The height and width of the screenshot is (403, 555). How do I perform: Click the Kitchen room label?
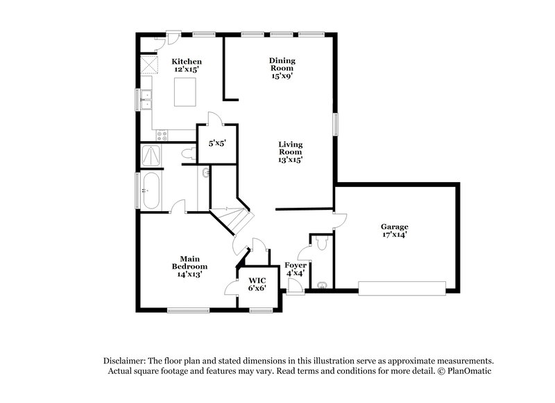pyautogui.click(x=187, y=62)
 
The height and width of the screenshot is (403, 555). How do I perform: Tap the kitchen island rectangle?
pyautogui.click(x=186, y=92)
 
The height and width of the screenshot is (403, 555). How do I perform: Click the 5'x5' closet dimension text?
pyautogui.click(x=218, y=143)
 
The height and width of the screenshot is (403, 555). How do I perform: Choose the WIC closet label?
pyautogui.click(x=256, y=280)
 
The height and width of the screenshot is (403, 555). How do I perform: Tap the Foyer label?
pyautogui.click(x=296, y=265)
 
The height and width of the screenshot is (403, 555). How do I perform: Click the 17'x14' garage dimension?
pyautogui.click(x=393, y=235)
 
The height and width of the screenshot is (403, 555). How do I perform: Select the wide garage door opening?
pyautogui.click(x=402, y=287)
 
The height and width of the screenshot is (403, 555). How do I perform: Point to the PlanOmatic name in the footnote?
pyautogui.click(x=473, y=371)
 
